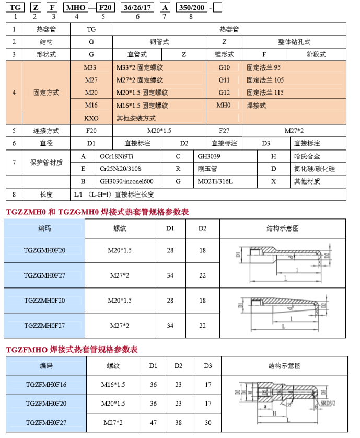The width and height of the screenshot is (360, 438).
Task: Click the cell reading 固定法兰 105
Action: [x=266, y=80]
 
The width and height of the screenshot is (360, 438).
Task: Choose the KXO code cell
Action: [x=91, y=118]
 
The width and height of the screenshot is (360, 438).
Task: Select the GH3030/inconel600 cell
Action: [x=126, y=181]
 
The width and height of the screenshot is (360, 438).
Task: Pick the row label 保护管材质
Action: [x=46, y=163]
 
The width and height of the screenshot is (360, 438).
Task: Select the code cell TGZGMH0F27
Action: [x=45, y=276]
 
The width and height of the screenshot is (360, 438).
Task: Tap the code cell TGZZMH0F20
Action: [x=45, y=301]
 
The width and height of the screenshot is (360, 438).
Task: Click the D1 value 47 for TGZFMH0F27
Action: [x=153, y=422]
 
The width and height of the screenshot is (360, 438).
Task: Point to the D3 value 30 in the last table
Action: [x=208, y=422]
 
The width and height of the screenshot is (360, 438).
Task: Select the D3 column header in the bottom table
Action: [x=208, y=365]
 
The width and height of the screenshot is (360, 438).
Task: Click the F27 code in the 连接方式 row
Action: [x=224, y=130]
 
